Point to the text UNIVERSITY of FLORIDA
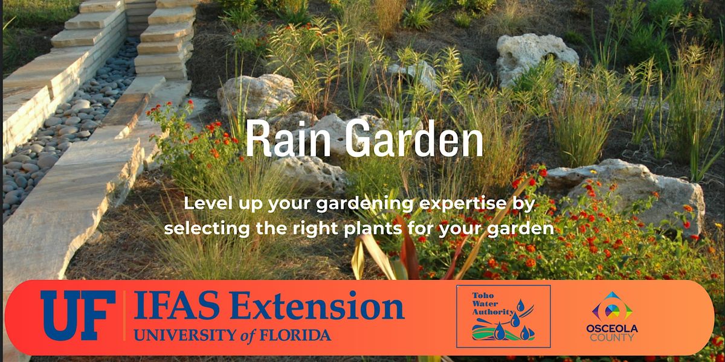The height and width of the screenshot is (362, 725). coord(233,335)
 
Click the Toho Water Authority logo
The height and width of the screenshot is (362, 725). coord(503,316)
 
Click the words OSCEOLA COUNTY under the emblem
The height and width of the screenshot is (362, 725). coord(611,332)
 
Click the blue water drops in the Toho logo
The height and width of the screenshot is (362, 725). coord(514,330)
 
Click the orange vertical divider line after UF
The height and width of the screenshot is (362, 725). coord(124,316)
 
